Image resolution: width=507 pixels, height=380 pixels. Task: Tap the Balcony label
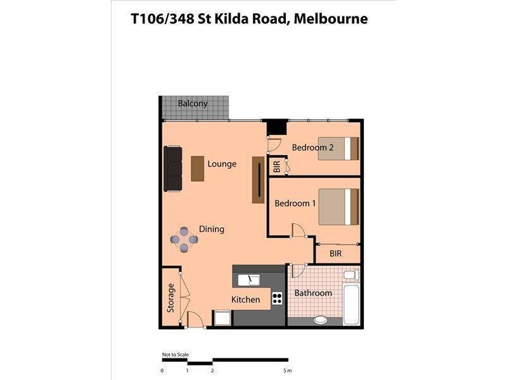pyautogui.click(x=193, y=104)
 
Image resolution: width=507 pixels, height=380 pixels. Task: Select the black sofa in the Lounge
pyautogui.click(x=173, y=168)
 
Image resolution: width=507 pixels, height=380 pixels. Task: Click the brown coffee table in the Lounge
pyautogui.click(x=198, y=168)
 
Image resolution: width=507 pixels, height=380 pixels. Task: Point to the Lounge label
pyautogui.click(x=222, y=164)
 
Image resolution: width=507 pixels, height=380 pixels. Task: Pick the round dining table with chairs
pyautogui.click(x=184, y=239)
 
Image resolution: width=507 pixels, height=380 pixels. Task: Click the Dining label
pyautogui.click(x=212, y=229)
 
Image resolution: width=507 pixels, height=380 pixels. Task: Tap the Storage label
pyautogui.click(x=170, y=298)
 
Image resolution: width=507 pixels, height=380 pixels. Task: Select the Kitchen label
pyautogui.click(x=245, y=300)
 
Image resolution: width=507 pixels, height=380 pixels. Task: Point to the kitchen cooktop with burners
pyautogui.click(x=277, y=298)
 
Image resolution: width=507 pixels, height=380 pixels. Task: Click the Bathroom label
pyautogui.click(x=313, y=293)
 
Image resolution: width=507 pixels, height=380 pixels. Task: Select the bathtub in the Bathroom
pyautogui.click(x=350, y=303)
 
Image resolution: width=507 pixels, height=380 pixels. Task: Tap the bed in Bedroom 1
pyautogui.click(x=339, y=206)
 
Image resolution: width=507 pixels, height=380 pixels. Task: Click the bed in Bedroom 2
pyautogui.click(x=339, y=148)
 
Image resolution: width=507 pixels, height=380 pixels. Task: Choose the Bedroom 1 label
pyautogui.click(x=295, y=203)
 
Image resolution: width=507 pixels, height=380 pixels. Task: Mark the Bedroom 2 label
pyautogui.click(x=312, y=148)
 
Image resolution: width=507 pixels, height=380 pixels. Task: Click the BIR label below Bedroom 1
pyautogui.click(x=336, y=253)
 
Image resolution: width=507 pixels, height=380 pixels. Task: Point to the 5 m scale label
pyautogui.click(x=287, y=370)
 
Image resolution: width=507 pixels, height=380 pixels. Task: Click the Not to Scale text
pyautogui.click(x=176, y=355)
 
